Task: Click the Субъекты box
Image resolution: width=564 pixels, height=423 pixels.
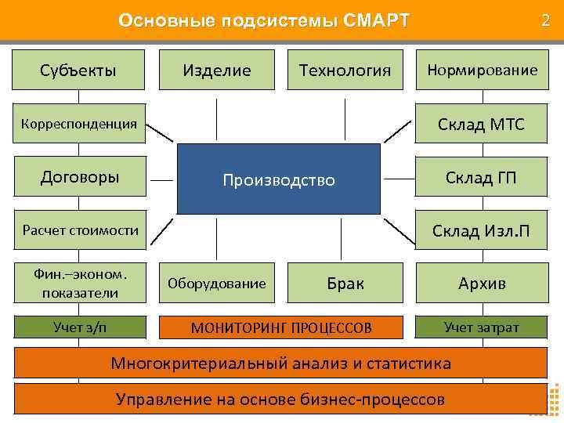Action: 78,70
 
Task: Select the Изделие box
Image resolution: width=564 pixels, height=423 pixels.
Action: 217,70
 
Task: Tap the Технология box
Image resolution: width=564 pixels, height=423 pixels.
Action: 345,70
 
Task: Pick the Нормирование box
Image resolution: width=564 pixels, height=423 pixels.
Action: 482,70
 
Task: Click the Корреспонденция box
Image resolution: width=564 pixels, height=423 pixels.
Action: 78,123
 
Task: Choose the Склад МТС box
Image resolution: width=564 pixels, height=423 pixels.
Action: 482,124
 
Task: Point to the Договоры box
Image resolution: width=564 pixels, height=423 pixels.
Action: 78,176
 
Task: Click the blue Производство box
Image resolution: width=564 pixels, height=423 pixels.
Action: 279,179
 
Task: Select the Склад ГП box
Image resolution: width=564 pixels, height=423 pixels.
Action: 482,177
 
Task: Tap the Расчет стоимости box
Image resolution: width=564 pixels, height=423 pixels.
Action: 78,230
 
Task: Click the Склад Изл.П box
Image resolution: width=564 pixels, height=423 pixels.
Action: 482,230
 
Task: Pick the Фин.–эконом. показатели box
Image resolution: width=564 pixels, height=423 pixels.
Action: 78,283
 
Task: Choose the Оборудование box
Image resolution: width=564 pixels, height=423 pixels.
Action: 217,283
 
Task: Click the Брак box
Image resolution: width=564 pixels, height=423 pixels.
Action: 345,283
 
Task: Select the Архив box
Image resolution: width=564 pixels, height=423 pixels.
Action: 482,283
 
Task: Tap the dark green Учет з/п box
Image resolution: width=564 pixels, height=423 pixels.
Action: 78,327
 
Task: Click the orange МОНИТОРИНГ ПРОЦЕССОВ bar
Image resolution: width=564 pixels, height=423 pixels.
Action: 282,327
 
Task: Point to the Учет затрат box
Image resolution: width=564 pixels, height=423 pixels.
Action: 482,327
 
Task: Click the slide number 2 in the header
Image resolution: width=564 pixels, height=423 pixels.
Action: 545,20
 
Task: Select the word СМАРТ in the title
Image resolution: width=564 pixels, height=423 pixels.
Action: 375,20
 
